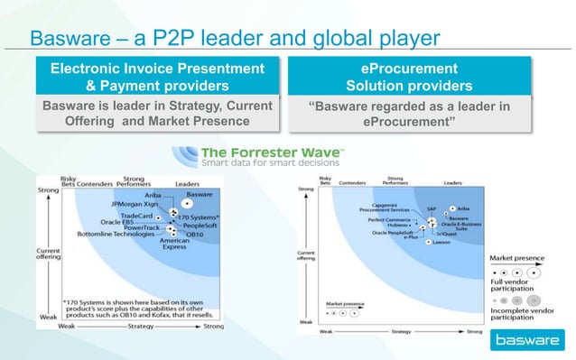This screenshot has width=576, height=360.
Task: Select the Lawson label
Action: point(441,242)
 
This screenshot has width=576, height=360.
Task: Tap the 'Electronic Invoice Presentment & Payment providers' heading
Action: point(157,78)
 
